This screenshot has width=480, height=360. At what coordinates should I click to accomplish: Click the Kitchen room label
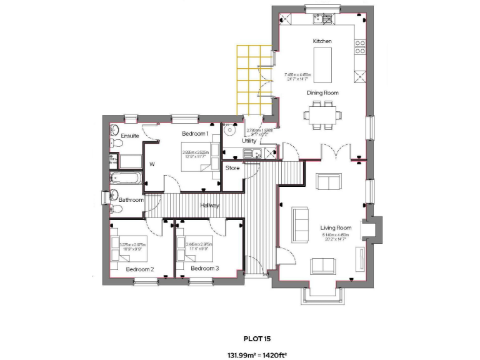tap(322, 41)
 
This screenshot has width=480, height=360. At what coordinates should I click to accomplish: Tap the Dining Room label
tap(322, 93)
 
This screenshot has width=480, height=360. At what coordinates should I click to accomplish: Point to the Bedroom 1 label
tap(194, 134)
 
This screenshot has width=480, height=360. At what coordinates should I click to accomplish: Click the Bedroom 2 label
tap(139, 269)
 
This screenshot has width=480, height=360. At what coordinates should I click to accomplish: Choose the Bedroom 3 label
tap(205, 269)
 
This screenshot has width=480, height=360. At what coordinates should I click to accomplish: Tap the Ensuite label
tap(130, 136)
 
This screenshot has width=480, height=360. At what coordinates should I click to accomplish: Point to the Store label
tap(232, 168)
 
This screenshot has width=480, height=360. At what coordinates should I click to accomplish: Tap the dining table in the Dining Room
tap(322, 115)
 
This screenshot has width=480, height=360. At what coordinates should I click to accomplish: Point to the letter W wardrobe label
tap(151, 165)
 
